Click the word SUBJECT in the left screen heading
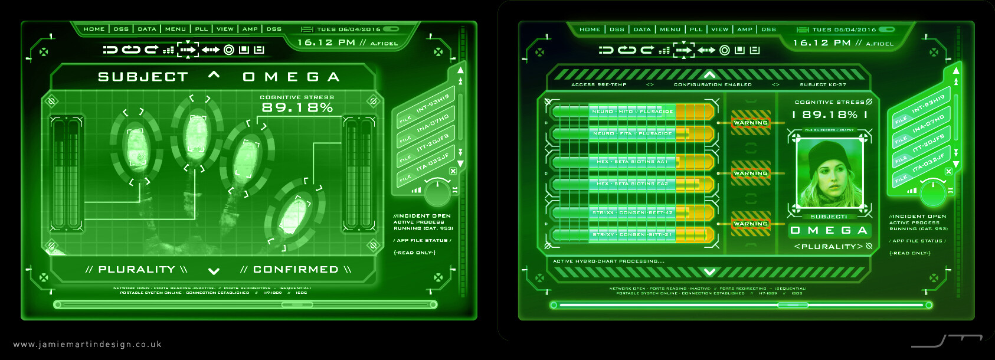143,77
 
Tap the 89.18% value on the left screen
297,107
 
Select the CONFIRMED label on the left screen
296,270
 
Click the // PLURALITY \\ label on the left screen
136,270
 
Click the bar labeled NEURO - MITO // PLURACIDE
632,112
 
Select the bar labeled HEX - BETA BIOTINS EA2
632,184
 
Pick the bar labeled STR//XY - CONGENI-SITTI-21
632,235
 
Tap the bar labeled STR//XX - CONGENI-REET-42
632,212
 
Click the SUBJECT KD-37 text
823,85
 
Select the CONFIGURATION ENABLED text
712,85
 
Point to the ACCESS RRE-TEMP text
598,85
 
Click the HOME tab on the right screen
590,30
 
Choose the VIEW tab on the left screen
225,29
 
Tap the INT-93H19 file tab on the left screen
432,103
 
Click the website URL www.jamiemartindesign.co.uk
87,344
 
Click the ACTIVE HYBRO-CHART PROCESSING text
608,261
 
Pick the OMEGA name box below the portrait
829,230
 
